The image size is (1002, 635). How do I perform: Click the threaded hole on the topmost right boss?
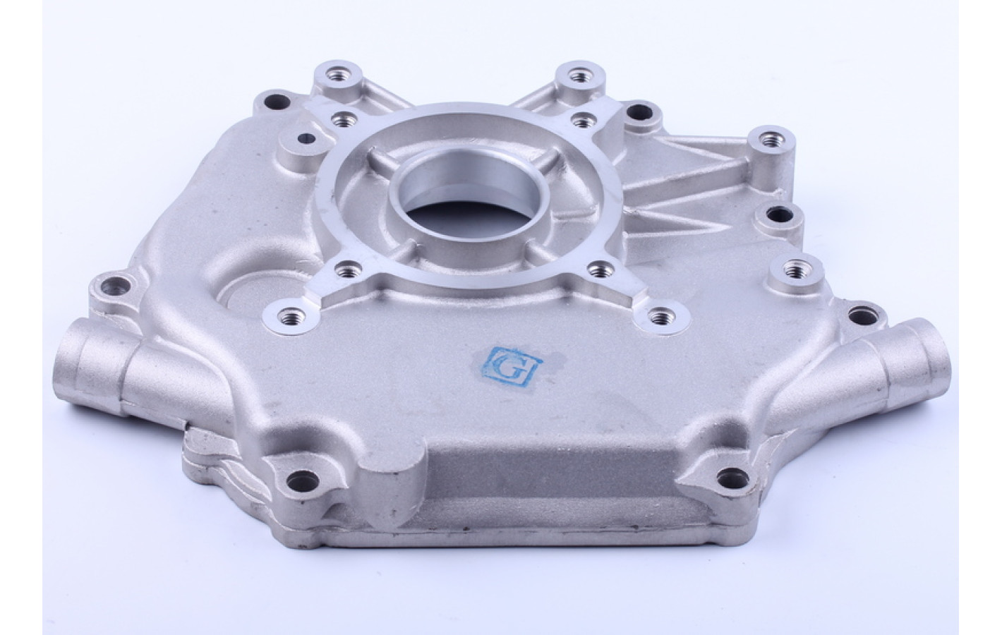580,75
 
